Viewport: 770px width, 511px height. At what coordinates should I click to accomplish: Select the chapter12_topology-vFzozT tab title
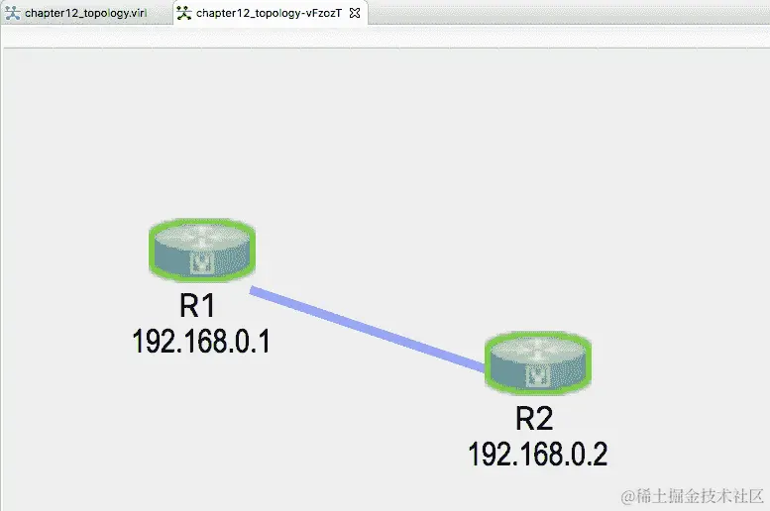(269, 13)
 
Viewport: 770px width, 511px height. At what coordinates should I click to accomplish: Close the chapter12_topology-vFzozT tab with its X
(355, 13)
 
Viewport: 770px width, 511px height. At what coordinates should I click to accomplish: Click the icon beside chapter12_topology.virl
(12, 13)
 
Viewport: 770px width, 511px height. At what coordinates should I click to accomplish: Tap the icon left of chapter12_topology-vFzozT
(183, 13)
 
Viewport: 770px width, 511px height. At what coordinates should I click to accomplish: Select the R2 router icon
(538, 363)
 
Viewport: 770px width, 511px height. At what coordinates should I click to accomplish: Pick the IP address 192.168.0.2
(537, 454)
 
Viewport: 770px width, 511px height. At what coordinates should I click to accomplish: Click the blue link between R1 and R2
(367, 329)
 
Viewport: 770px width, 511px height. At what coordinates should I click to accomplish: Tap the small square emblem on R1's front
(203, 262)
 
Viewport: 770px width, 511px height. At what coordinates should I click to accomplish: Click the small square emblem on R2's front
(540, 376)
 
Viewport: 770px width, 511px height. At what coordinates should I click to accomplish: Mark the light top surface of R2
(538, 350)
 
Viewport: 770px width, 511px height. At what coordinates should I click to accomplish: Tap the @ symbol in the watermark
(626, 494)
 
